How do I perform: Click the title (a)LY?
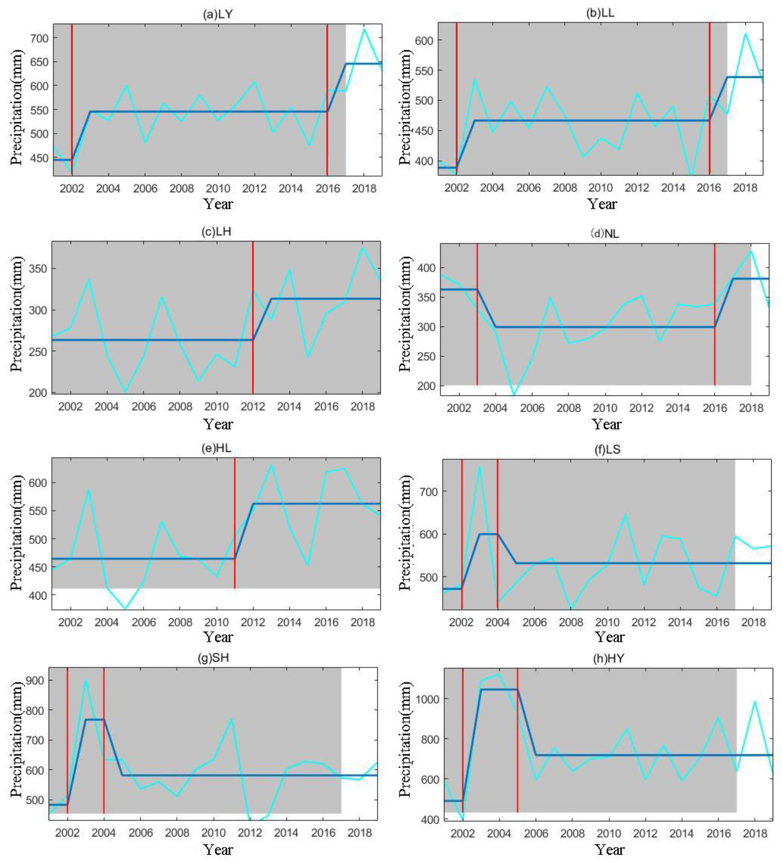tap(217, 14)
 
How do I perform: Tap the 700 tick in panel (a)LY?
tap(39, 38)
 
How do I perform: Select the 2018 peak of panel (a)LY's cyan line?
tap(364, 29)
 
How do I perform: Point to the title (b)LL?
tap(600, 13)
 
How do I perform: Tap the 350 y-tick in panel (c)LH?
tap(38, 269)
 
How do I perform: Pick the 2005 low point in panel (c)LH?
tap(125, 391)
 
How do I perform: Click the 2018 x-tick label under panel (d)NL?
tap(751, 408)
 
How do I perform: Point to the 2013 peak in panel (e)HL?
tap(271, 465)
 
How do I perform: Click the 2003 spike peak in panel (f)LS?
tap(479, 467)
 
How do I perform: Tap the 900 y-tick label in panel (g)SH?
tap(35, 680)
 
